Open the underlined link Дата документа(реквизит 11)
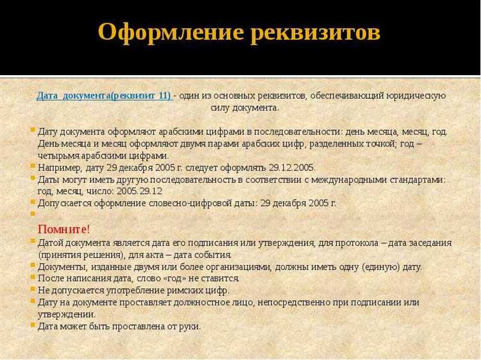[x=104, y=95]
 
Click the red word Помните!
[x=64, y=229]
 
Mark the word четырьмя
[x=61, y=155]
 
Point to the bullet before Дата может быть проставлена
[x=33, y=326]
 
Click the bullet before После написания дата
[x=33, y=279]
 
